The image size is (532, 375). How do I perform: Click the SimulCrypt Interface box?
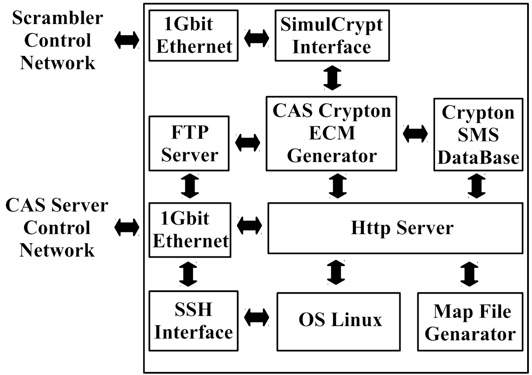pos(332,35)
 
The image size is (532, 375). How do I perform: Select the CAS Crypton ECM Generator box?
pos(331,134)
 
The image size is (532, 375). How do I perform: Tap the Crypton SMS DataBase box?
pos(478,135)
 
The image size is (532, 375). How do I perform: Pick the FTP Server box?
pos(189,143)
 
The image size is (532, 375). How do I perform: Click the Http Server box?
pos(395,228)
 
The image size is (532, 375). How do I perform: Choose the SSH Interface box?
pos(194,321)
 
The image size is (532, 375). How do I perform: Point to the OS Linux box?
pos(339,322)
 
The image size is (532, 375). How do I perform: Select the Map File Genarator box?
pos(470,322)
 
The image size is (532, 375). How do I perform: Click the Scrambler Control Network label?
pos(57,40)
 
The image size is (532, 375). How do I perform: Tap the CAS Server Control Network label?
pos(57,228)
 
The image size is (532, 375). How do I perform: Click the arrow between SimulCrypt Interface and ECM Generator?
pos(332,78)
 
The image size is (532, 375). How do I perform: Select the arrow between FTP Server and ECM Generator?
pos(248,142)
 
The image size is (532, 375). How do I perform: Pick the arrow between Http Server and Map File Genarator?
pos(470,274)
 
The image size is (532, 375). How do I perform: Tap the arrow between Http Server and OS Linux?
pos(337,272)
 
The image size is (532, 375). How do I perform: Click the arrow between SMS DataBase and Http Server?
pos(477,186)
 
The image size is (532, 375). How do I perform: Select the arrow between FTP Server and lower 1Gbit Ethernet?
pos(190,186)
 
